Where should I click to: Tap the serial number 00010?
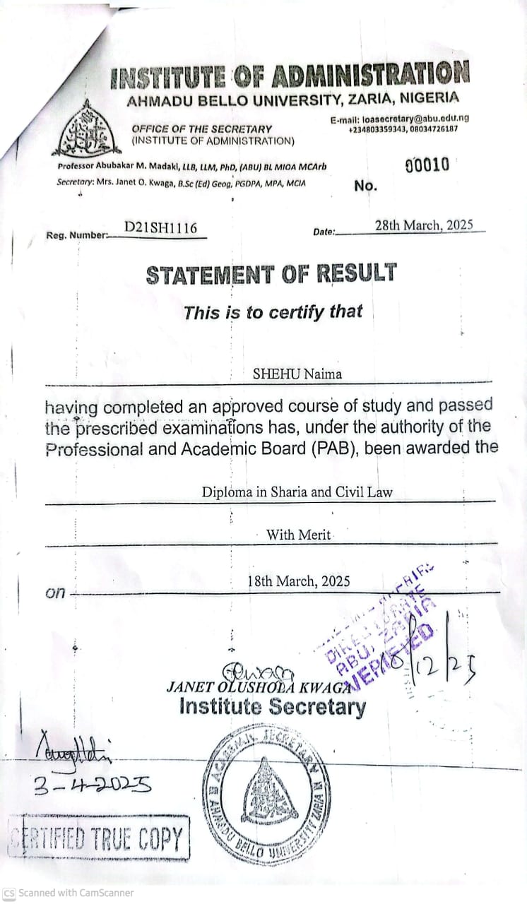click(427, 165)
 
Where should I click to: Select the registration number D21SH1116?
click(160, 227)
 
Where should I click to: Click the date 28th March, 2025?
click(424, 225)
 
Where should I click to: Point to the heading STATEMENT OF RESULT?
click(271, 274)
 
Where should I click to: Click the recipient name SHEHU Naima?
click(297, 374)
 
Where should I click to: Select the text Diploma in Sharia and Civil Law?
click(297, 492)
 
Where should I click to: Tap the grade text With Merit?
click(298, 535)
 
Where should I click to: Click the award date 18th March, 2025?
click(299, 581)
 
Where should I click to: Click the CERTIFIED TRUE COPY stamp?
click(99, 838)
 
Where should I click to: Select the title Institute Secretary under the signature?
click(273, 707)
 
